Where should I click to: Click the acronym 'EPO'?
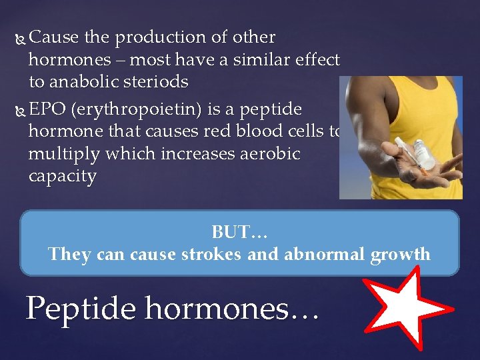click(47, 109)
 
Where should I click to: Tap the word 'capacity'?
click(62, 177)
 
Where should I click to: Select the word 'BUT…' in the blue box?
click(239, 232)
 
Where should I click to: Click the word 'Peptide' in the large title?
click(81, 307)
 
